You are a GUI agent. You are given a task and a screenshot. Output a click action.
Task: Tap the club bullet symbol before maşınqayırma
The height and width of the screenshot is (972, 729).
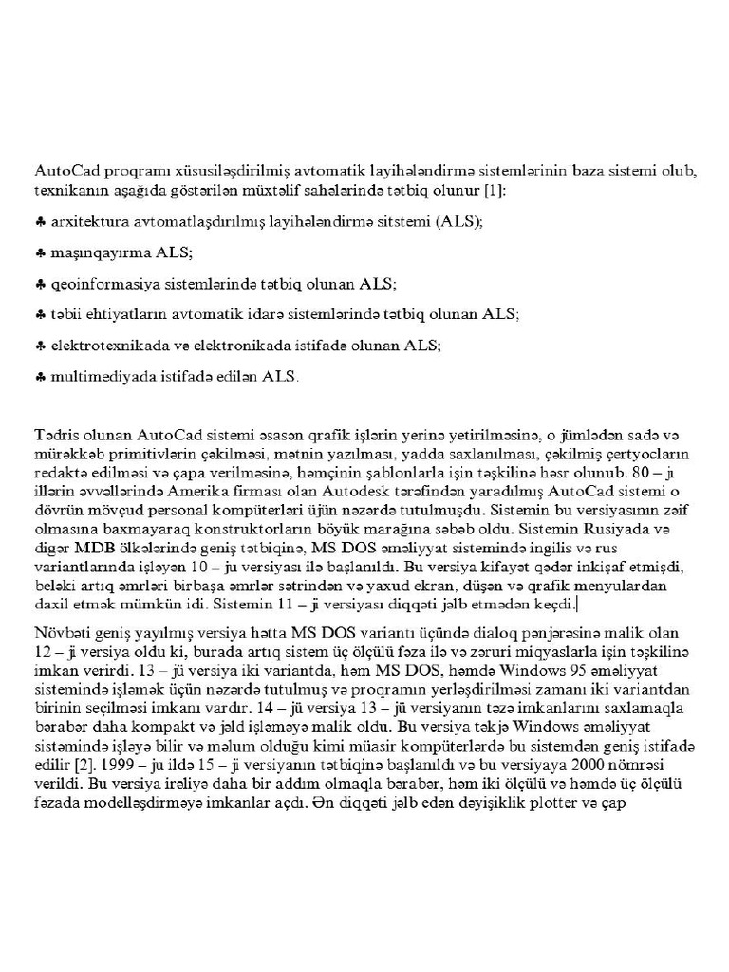tap(40, 252)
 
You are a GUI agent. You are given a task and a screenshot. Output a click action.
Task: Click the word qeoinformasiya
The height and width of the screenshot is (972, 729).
tap(100, 284)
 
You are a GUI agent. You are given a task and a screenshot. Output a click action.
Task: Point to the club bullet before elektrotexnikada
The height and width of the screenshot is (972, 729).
tap(40, 346)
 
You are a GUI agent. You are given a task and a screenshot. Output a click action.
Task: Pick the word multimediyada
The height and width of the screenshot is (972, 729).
tap(97, 377)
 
